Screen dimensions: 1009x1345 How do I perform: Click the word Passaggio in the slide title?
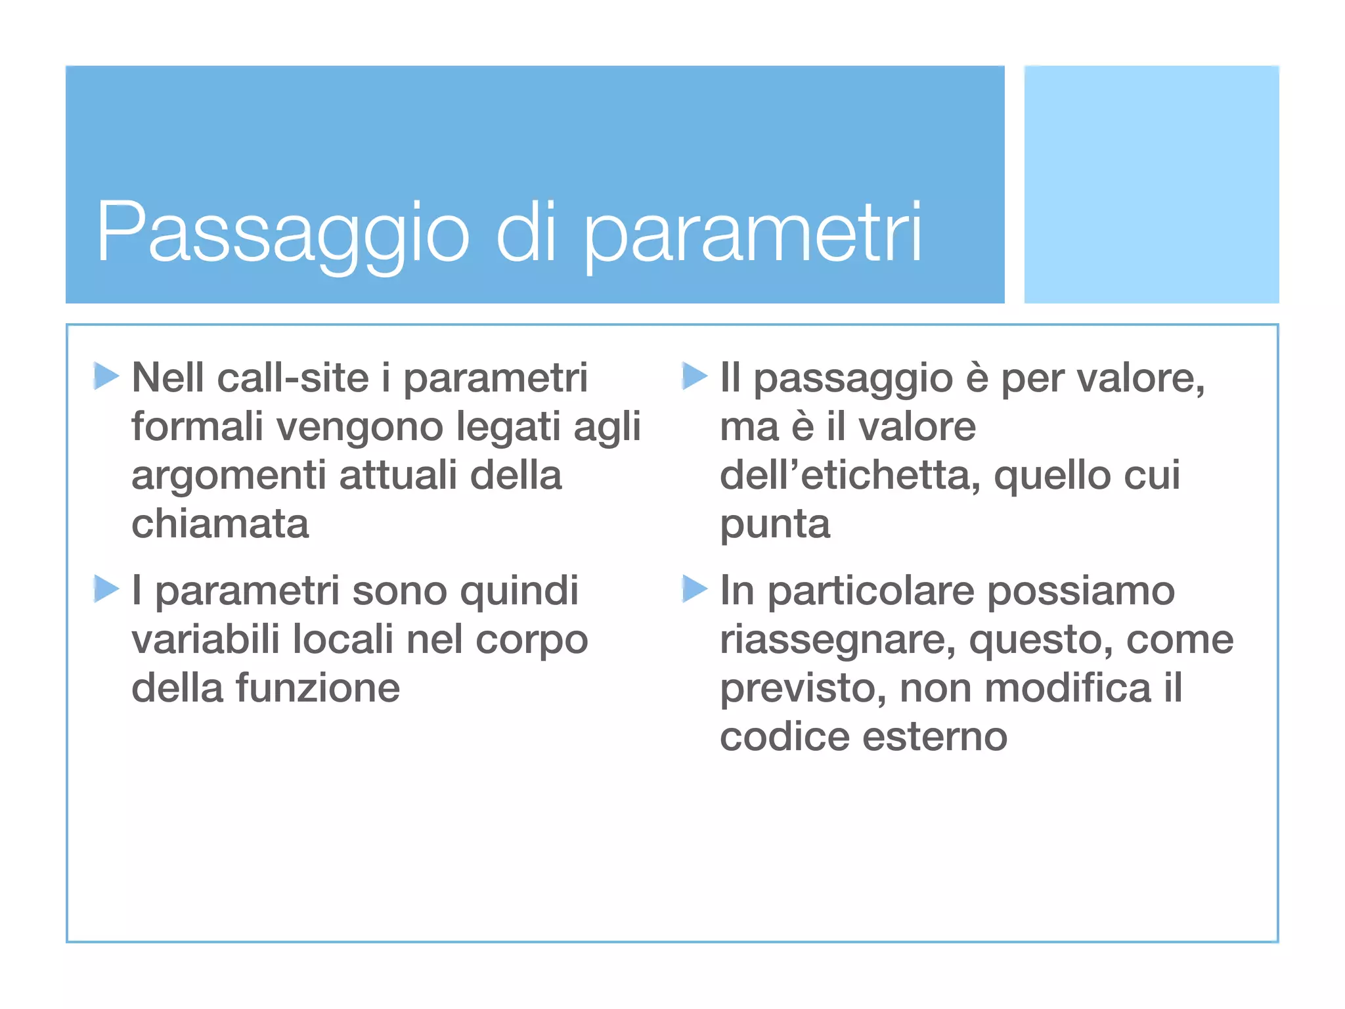282,233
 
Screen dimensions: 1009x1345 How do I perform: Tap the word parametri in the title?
752,233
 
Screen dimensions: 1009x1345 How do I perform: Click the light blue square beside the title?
1151,184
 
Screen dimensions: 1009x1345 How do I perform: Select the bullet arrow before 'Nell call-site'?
106,376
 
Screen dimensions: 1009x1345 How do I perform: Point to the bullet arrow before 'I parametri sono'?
106,588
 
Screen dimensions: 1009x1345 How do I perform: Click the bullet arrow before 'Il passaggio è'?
694,376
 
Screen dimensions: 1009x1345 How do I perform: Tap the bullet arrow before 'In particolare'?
694,588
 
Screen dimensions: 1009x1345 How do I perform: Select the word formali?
197,426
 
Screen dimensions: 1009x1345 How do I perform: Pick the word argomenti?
229,476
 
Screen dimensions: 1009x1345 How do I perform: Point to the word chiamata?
220,524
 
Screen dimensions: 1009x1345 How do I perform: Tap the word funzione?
318,688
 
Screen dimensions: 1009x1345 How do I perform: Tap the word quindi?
519,591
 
